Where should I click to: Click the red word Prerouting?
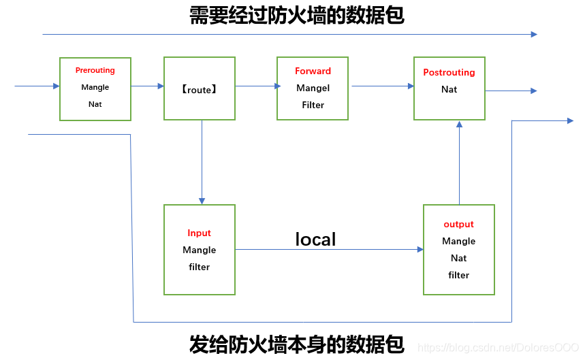tap(95, 71)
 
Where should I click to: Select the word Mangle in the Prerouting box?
tap(95, 88)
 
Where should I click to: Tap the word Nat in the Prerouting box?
tap(95, 105)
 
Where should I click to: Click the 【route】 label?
tap(200, 90)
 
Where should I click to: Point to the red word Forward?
tap(313, 71)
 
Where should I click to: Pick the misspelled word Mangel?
tap(313, 88)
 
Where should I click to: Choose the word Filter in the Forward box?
tap(313, 105)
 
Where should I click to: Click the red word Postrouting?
tap(449, 73)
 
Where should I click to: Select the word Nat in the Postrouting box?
tap(449, 90)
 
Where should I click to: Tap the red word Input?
tap(200, 233)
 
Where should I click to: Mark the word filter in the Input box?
tap(200, 267)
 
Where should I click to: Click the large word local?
tap(315, 240)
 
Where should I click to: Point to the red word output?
tap(459, 225)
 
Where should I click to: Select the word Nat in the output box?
tap(459, 259)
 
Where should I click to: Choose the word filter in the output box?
tap(459, 276)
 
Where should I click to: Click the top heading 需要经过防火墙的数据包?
tap(297, 16)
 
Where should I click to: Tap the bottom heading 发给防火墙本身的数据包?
tap(297, 344)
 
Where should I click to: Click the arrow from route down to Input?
tap(202, 163)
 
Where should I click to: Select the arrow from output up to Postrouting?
tap(460, 163)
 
